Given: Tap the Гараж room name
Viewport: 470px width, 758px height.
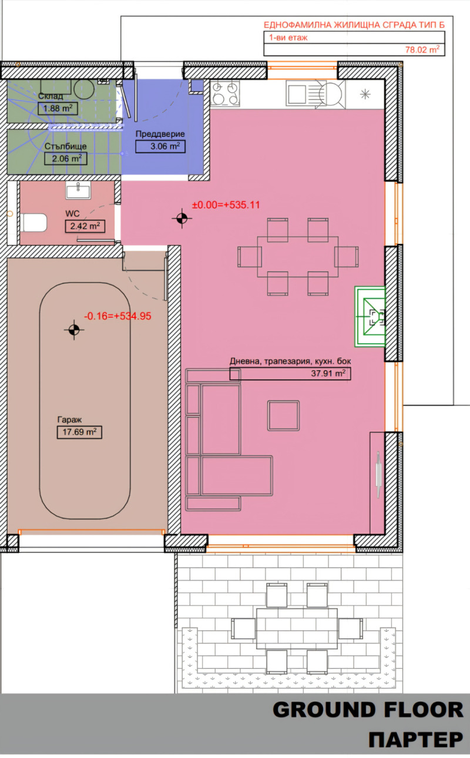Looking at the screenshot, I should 69,420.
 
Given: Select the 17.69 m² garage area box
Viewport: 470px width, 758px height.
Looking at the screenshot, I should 76,433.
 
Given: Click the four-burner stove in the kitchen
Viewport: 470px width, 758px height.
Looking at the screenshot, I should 226,93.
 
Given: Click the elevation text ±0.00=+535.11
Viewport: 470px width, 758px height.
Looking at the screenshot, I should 226,205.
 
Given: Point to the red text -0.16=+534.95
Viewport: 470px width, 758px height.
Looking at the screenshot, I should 117,316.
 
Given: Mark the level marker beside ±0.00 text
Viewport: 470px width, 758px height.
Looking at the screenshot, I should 182,219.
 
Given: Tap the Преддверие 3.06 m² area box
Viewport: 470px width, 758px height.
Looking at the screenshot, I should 160,146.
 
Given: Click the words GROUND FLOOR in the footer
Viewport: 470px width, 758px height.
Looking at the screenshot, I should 368,710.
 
